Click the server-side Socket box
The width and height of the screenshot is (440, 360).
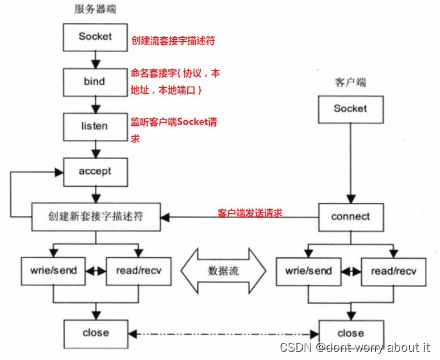click(94, 37)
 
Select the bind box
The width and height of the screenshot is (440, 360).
click(94, 81)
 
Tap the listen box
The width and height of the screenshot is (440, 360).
click(94, 126)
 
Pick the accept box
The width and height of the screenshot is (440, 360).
click(94, 171)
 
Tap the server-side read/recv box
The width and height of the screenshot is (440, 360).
click(139, 271)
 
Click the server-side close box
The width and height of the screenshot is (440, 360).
click(96, 333)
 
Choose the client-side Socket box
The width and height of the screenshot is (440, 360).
click(350, 108)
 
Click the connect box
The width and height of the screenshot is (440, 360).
click(350, 217)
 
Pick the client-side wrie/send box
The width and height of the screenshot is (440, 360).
click(309, 271)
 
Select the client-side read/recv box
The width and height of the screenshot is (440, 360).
click(394, 271)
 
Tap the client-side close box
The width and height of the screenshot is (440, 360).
click(350, 333)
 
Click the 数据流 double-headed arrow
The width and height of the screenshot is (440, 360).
click(223, 271)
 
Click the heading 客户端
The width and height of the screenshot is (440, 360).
click(350, 83)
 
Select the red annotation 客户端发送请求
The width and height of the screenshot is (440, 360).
click(250, 212)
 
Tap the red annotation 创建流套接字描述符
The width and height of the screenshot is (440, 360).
click(173, 40)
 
